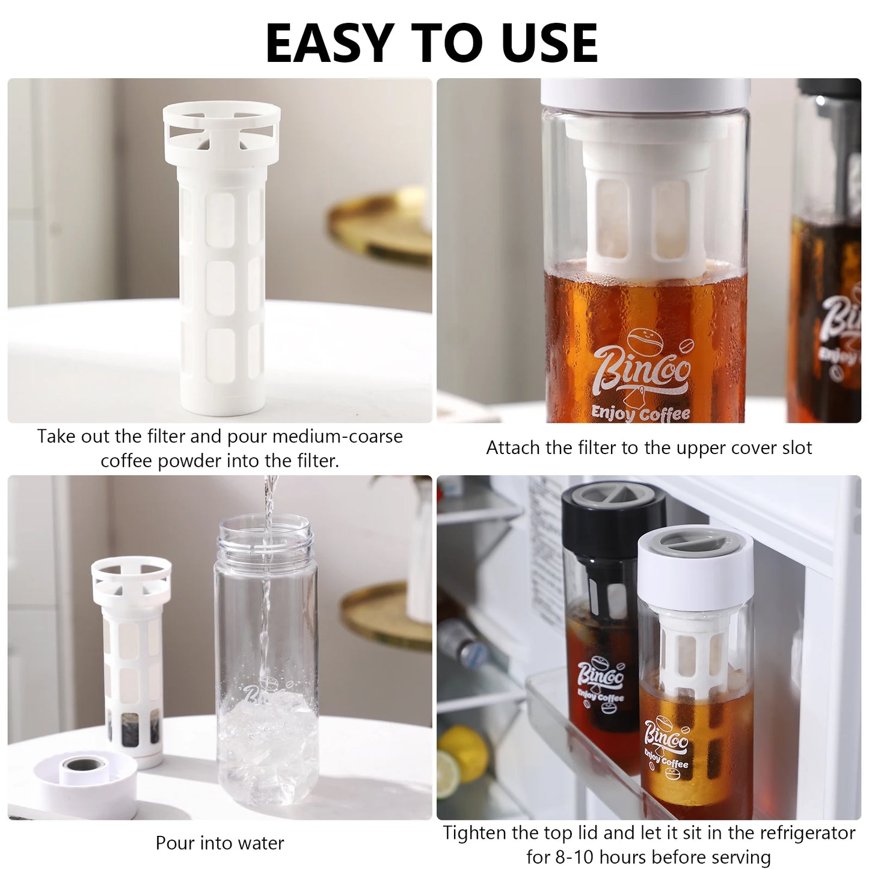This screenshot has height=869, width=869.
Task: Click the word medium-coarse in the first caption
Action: tap(337, 437)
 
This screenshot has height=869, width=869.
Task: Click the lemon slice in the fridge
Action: tap(448, 775)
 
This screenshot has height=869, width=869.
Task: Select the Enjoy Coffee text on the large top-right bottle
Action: tap(640, 413)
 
